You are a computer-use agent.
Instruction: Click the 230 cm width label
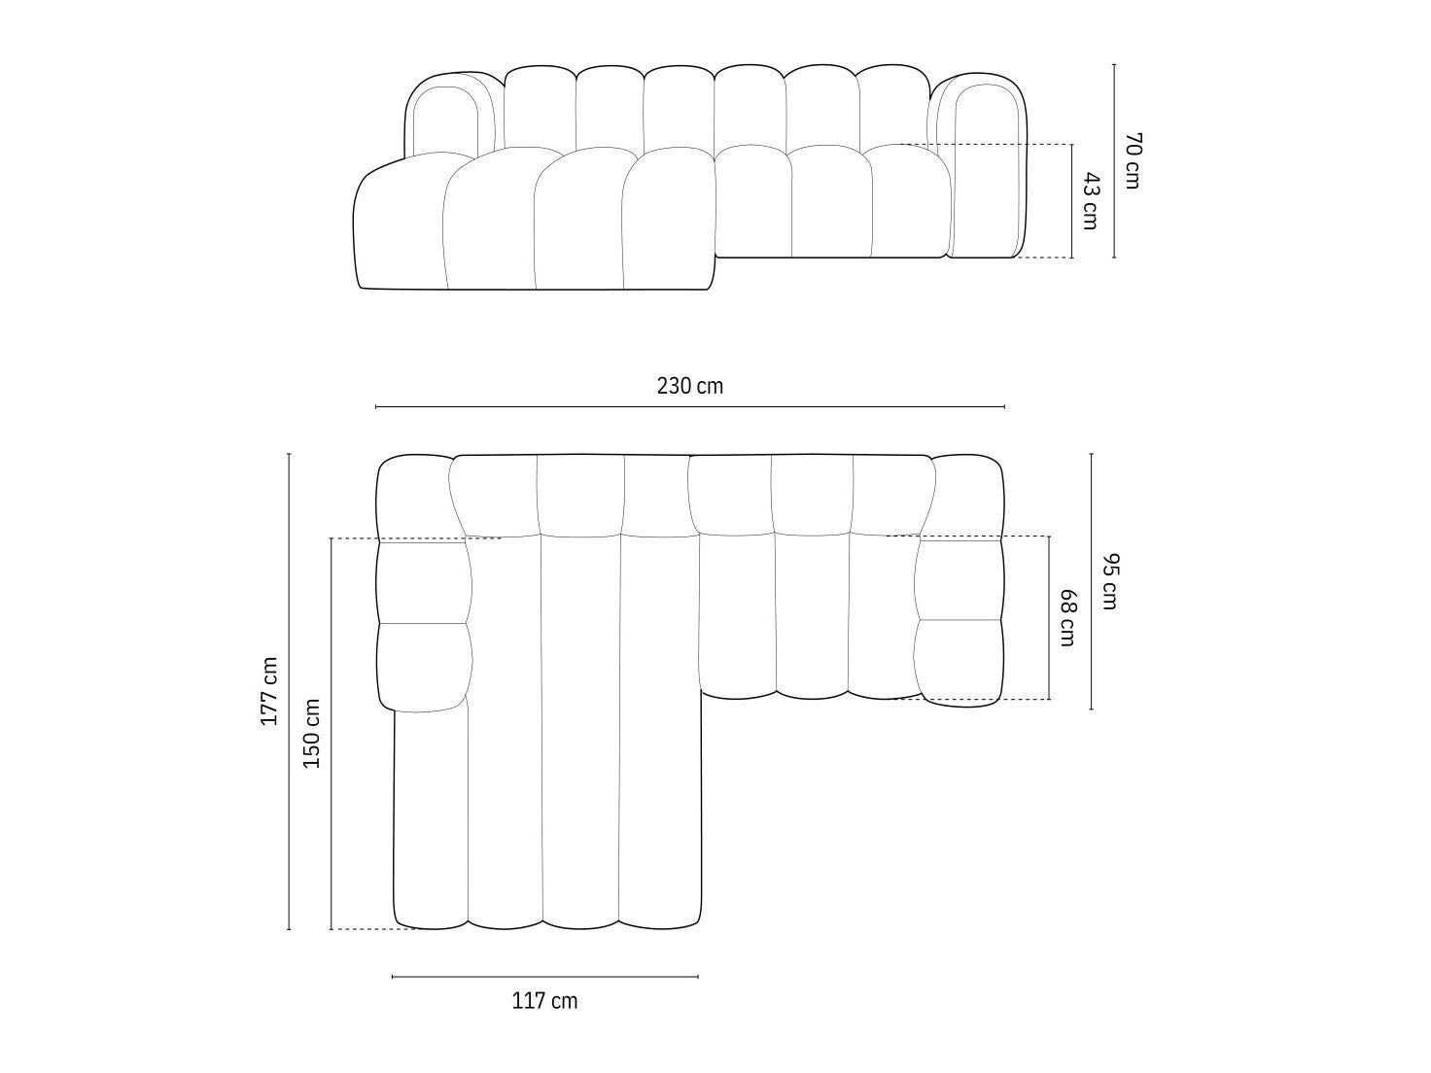click(x=690, y=386)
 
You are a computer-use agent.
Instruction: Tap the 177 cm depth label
click(x=270, y=691)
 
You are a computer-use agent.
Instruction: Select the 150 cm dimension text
click(x=312, y=734)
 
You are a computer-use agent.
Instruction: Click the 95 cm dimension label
click(x=1109, y=581)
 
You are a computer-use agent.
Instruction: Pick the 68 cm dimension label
click(x=1067, y=617)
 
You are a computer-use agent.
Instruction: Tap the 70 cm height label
click(x=1133, y=161)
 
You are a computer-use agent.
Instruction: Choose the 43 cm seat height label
click(x=1091, y=201)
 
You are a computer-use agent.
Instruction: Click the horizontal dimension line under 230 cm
click(x=690, y=407)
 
